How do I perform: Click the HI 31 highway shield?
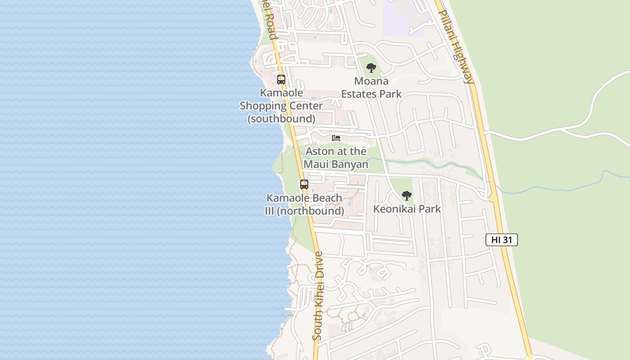pos(502,240)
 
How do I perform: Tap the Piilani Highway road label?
pos(456,47)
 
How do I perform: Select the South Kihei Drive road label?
pos(318,296)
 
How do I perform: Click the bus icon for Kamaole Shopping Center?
pos(281,80)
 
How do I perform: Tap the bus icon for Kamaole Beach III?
pos(304,184)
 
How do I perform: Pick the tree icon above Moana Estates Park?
pos(371,68)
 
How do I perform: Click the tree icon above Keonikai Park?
pos(407,196)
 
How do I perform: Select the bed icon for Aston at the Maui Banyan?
pos(336,138)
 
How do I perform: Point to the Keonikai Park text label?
pos(407,209)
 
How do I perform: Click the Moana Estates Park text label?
pos(371,88)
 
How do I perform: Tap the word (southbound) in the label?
pos(281,119)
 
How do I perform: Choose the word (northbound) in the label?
pos(310,211)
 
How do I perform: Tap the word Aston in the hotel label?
pos(319,151)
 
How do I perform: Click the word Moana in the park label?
pos(371,81)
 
